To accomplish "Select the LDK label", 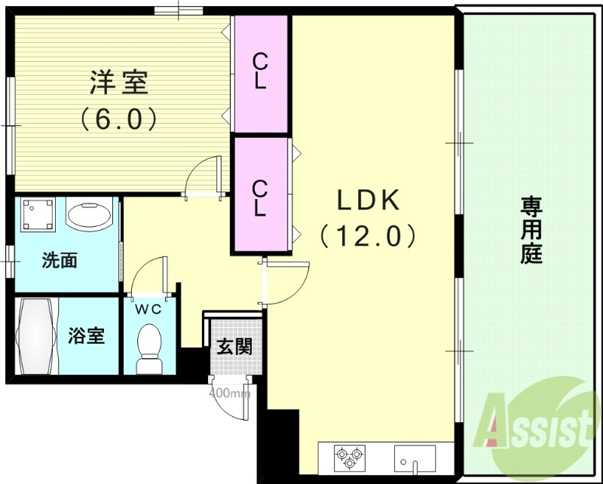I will click(367, 201).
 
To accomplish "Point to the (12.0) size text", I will click(367, 236).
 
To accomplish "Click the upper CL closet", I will click(260, 72).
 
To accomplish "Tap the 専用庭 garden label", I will click(531, 229).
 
